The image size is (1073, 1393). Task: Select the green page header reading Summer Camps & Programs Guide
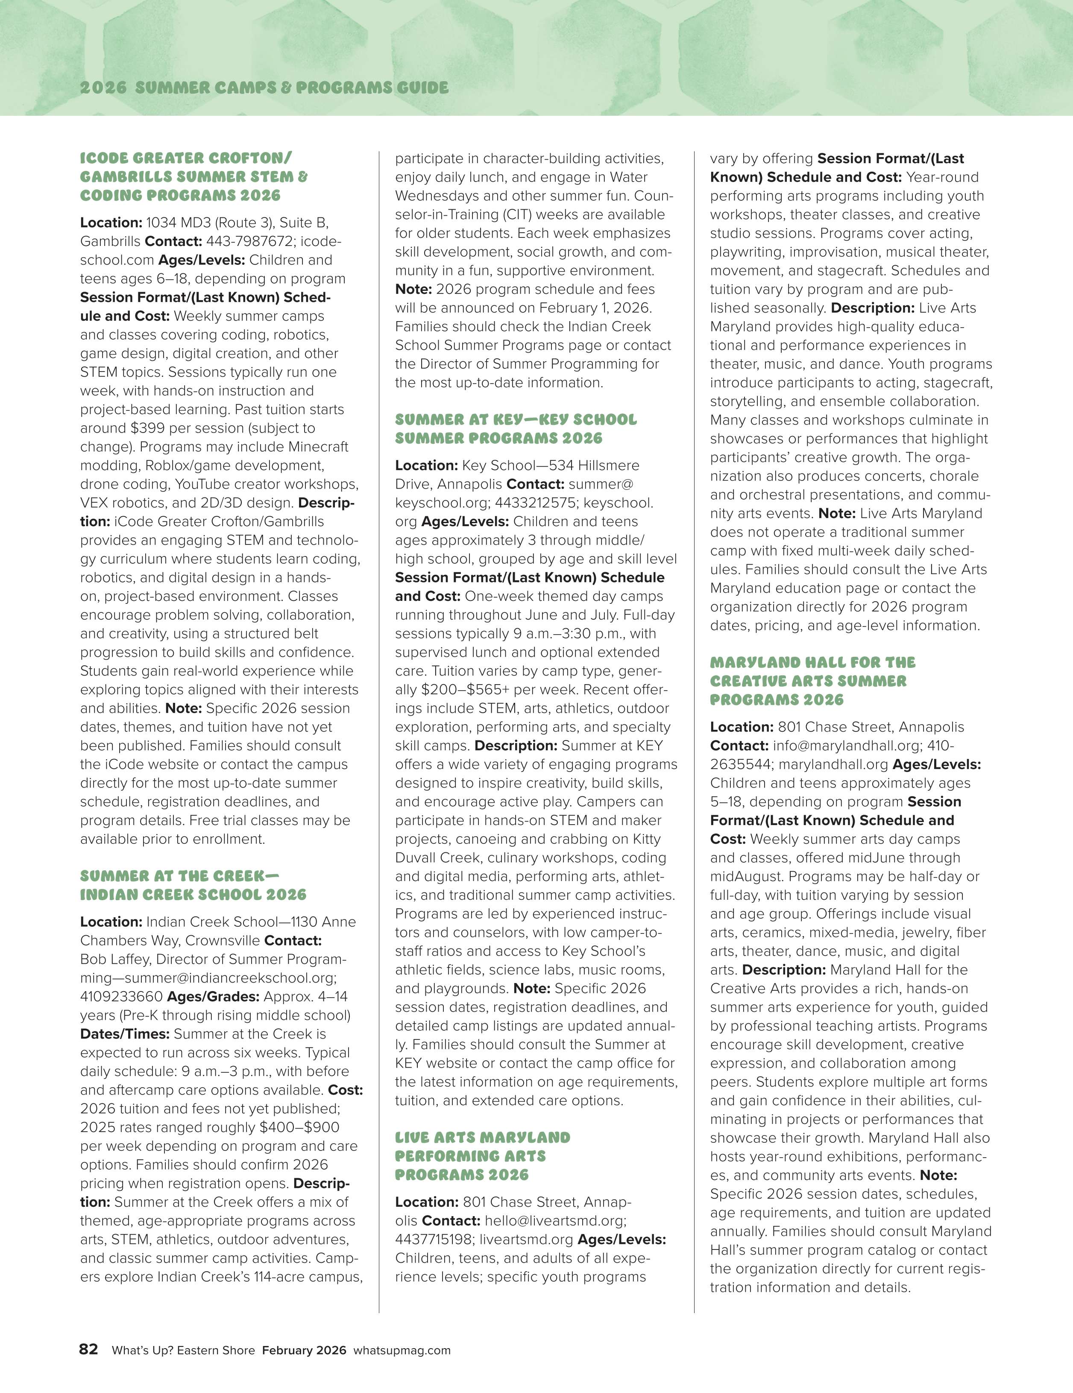(x=264, y=88)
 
